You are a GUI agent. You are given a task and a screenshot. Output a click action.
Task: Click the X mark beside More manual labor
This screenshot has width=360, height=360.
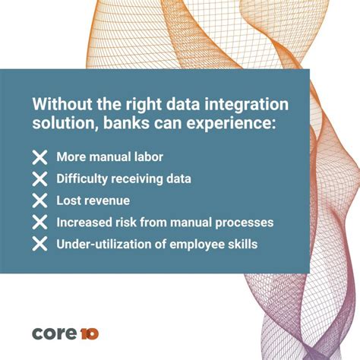coord(39,158)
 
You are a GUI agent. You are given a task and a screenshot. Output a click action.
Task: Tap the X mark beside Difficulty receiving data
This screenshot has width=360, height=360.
coord(39,179)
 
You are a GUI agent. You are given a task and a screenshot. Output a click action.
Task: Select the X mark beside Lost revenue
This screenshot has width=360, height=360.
coord(39,201)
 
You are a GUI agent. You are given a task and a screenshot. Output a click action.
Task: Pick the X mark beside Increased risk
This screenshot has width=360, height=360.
coord(39,223)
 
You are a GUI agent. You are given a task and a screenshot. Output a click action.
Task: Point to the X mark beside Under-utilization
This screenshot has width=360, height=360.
coord(39,244)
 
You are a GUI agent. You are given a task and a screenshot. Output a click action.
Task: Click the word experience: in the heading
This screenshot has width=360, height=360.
coord(233,125)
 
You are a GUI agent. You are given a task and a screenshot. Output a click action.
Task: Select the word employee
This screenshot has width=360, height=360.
coord(197,244)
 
